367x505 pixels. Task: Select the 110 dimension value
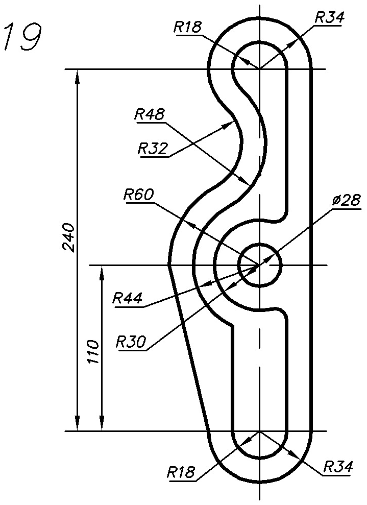click(94, 351)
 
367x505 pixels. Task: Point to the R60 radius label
click(138, 195)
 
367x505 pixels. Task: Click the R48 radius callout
click(150, 115)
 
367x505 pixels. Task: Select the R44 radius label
click(128, 298)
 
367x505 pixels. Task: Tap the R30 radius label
click(131, 341)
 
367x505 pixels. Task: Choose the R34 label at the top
click(329, 17)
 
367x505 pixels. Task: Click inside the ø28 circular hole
click(260, 264)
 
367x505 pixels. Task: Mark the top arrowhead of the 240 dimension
click(77, 75)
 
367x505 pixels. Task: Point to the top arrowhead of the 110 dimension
click(102, 271)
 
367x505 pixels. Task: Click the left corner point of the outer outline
click(169, 264)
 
